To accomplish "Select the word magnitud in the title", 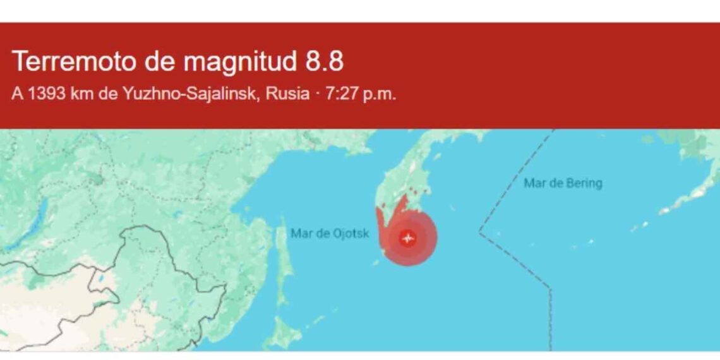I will point(240,62).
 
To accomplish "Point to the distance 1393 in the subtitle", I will point(45,94).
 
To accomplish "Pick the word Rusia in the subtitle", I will point(287,94).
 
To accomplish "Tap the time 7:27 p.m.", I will point(361,94).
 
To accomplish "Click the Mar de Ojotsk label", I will point(329,234).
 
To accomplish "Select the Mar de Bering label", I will point(563,183).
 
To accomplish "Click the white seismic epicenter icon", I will point(408,239).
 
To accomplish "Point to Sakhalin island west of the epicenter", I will point(284,265).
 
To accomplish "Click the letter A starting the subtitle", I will point(16,94).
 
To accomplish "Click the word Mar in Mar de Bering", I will point(534,183).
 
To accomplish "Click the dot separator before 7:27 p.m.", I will point(317,94).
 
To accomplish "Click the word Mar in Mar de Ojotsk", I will point(301,234).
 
